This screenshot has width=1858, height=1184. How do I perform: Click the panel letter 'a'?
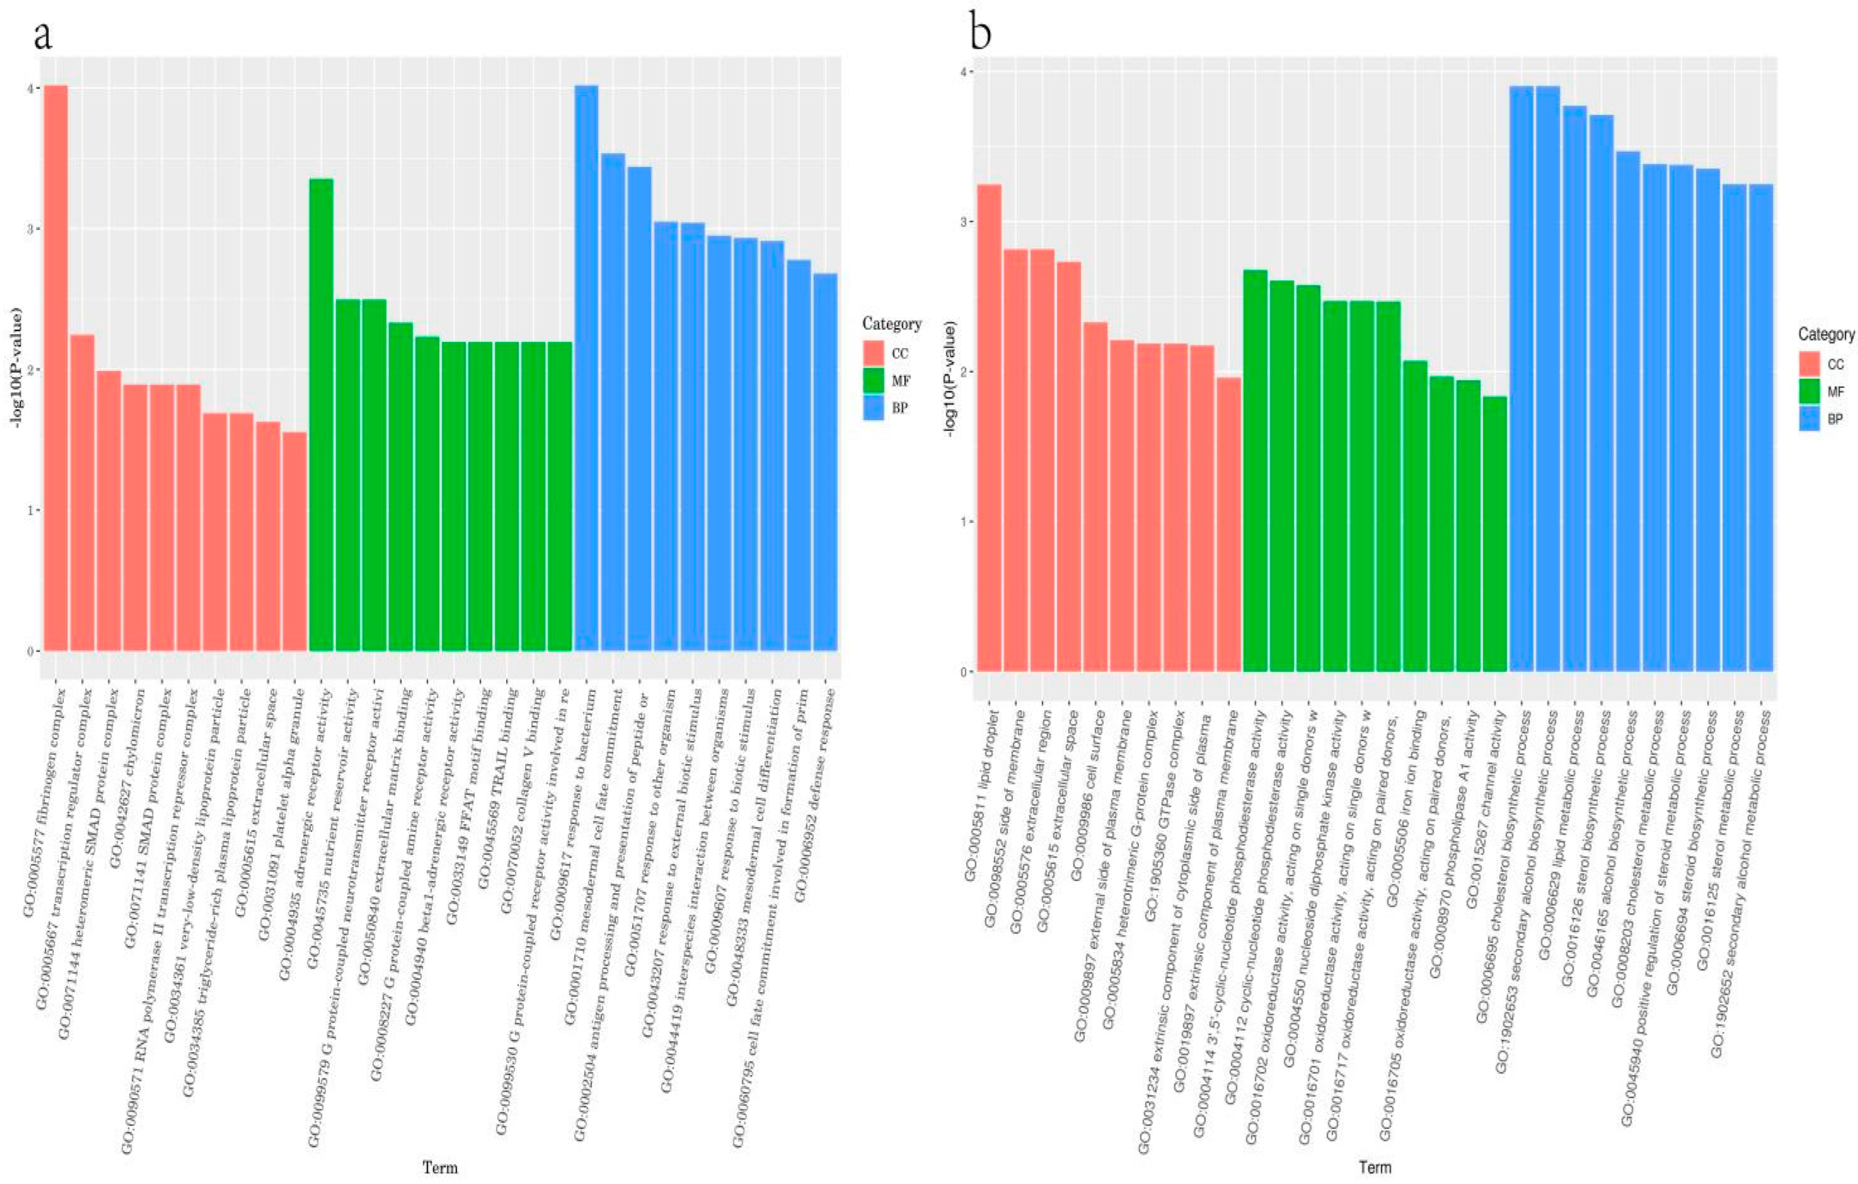(43, 35)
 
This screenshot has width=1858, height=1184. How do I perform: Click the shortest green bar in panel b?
(1495, 533)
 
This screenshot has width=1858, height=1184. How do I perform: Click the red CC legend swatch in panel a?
(876, 354)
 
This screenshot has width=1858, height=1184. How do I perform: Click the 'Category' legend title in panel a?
(891, 324)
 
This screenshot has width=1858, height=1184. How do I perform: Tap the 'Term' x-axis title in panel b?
(1374, 1166)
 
